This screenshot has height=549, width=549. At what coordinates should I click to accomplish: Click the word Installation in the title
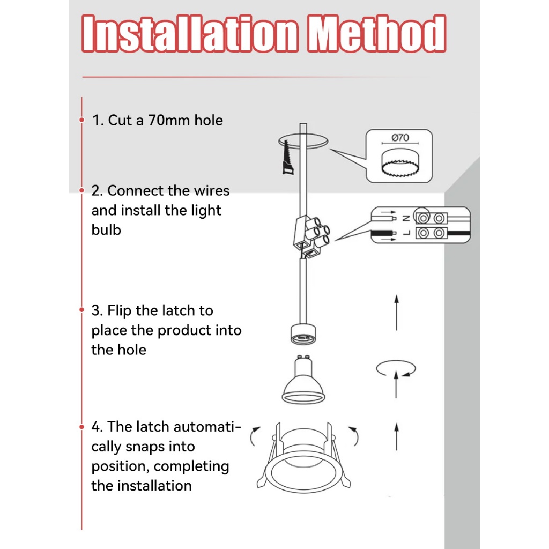[x=190, y=34]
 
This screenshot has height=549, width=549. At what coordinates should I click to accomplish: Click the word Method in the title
[x=377, y=34]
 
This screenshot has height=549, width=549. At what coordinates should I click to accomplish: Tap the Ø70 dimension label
[x=400, y=138]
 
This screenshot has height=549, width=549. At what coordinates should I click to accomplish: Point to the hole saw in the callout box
[x=400, y=163]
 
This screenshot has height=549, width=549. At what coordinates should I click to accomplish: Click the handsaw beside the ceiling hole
[x=288, y=158]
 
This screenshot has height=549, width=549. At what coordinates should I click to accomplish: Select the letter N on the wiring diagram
[x=406, y=219]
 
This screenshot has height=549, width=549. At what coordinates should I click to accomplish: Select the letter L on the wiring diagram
[x=406, y=233]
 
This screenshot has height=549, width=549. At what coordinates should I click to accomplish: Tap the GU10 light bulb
[x=303, y=380]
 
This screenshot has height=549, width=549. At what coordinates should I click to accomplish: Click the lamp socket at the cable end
[x=303, y=335]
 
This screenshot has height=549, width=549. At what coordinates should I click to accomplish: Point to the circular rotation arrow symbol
[x=396, y=368]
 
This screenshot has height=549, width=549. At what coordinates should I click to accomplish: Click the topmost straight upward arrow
[x=396, y=313]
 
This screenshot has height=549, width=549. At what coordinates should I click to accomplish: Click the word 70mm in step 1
[x=169, y=120]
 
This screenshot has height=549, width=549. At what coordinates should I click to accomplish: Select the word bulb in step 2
[x=106, y=230]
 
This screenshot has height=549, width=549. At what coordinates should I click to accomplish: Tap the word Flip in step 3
[x=119, y=311]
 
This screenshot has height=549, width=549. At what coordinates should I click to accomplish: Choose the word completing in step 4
[x=191, y=467]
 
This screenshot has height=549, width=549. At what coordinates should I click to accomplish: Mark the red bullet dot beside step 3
[x=82, y=310]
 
